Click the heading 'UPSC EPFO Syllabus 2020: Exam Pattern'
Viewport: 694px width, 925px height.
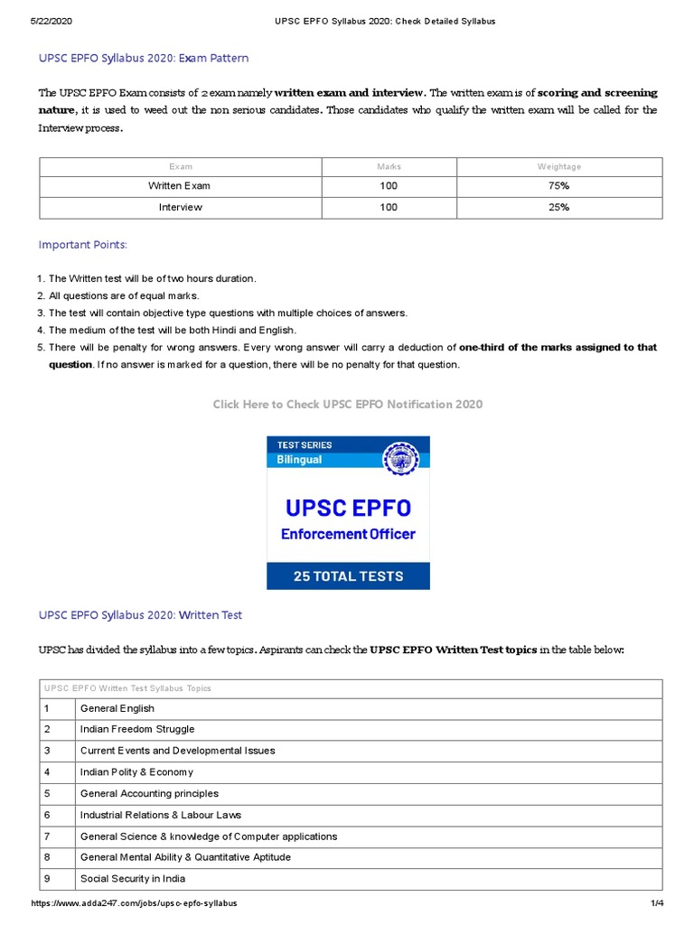(143, 58)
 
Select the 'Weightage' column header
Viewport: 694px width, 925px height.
(558, 166)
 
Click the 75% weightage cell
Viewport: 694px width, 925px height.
(558, 186)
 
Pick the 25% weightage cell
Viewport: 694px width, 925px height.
(558, 208)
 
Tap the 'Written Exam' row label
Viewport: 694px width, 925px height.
(180, 186)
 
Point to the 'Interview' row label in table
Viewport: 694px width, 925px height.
(180, 208)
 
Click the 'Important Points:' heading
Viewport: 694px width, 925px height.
(82, 245)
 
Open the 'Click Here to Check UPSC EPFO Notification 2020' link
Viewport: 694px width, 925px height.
(348, 404)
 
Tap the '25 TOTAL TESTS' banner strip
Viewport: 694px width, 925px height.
(348, 575)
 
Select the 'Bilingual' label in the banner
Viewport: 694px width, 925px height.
(299, 460)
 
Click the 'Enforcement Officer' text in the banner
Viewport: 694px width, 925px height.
(348, 534)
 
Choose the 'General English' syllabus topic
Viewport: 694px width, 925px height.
(117, 708)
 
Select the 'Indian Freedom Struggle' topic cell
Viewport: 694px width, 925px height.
(137, 729)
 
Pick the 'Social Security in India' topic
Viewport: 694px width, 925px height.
(133, 879)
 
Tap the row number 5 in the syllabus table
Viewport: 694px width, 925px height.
(47, 793)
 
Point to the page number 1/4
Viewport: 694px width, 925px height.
(656, 903)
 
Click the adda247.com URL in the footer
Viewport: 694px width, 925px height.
(135, 903)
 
